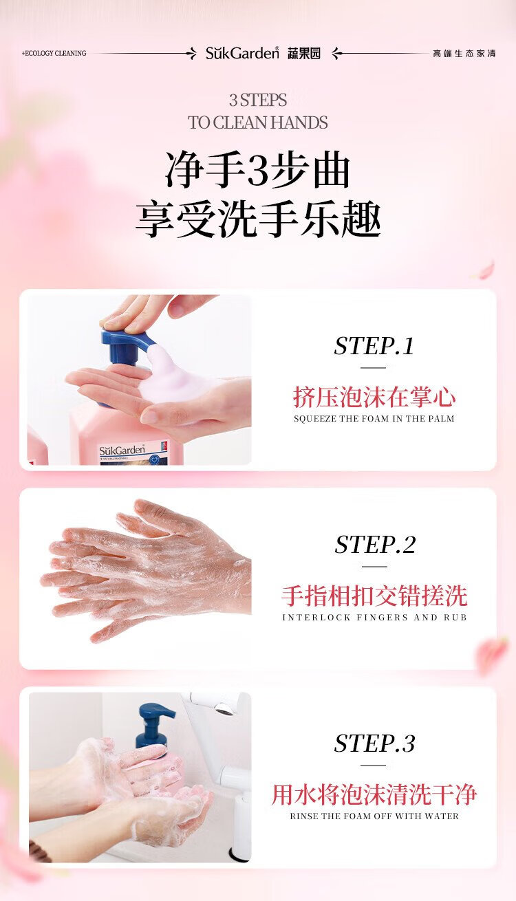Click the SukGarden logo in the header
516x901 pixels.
pos(242,53)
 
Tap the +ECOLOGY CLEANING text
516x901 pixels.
pos(54,53)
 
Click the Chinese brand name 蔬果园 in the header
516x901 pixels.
pos(304,53)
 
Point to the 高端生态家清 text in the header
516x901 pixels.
pos(464,54)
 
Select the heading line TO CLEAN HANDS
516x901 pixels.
pos(258,122)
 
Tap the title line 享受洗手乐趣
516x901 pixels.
pos(258,219)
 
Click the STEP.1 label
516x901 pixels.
pos(374,346)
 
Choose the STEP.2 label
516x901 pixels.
pos(375,545)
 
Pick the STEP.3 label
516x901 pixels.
pos(374,743)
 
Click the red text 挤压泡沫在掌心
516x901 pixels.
pos(374,397)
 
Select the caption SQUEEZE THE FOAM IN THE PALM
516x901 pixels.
pos(374,419)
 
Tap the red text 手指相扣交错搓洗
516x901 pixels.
pos(374,596)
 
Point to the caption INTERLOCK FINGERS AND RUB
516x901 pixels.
pos(374,618)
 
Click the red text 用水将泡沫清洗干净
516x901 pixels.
pos(374,795)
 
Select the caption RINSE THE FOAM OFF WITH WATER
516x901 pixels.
pos(374,816)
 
